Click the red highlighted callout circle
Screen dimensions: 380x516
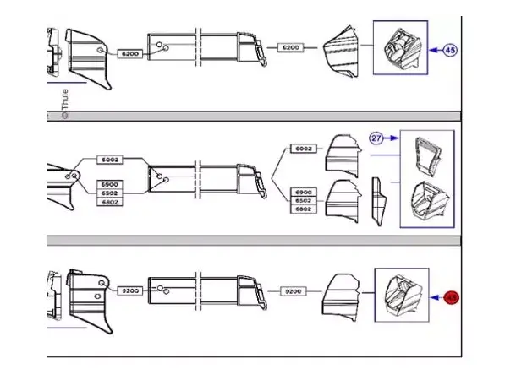(452, 297)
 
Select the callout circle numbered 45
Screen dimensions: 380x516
(451, 51)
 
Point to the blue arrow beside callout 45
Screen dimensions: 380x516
(434, 51)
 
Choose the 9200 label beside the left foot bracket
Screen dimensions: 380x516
(130, 290)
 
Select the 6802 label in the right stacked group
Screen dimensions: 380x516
(303, 210)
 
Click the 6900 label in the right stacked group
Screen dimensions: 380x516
(303, 192)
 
